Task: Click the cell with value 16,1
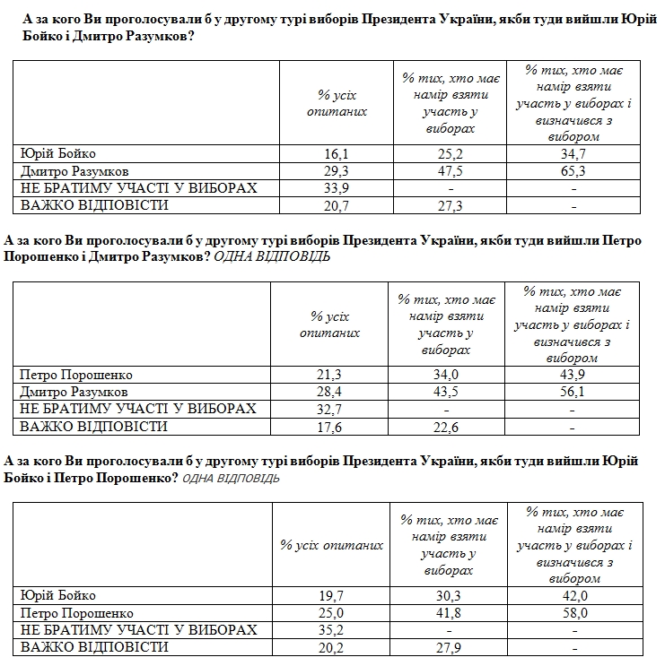[335, 154]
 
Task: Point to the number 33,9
[335, 188]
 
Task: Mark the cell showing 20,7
[335, 205]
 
